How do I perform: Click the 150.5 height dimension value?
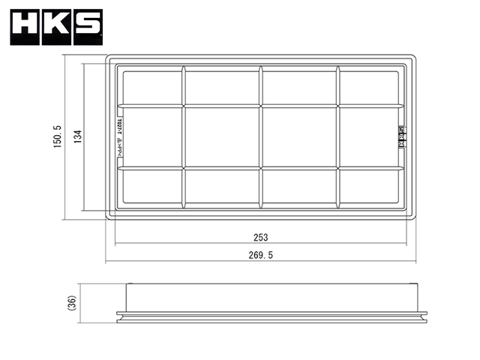coord(57,136)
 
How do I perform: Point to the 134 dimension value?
coord(76,136)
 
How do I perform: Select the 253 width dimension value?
coord(260,237)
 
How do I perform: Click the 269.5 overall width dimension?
coord(261,255)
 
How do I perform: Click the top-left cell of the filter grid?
coord(151,87)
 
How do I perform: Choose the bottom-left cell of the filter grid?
coord(151,186)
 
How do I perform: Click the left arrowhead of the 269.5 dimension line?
coord(106,261)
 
